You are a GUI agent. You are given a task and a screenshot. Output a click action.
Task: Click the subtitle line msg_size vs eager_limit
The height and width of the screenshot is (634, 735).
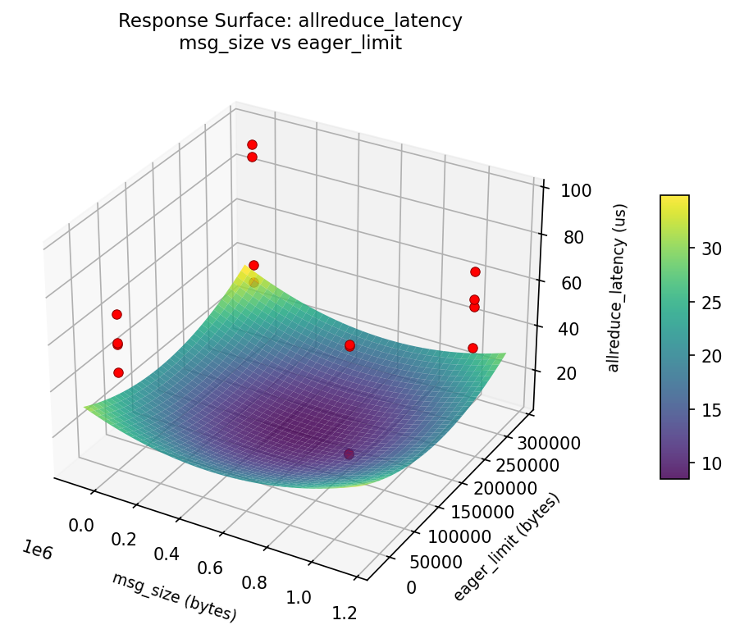[x=290, y=43]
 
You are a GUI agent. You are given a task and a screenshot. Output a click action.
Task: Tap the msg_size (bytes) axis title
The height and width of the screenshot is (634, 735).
[x=174, y=596]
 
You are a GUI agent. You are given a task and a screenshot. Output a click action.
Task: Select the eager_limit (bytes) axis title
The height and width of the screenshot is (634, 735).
[x=506, y=547]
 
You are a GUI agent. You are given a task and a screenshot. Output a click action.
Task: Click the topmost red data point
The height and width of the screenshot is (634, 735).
[x=252, y=145]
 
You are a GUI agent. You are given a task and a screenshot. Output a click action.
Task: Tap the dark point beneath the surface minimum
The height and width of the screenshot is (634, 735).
[x=349, y=454]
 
